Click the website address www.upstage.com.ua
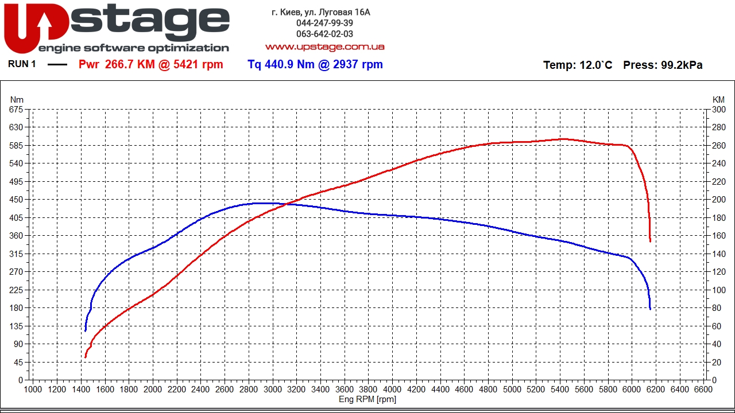point(324,46)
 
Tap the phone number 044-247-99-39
point(324,23)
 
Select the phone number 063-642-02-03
point(324,34)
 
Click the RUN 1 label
point(22,64)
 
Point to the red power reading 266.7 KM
point(130,64)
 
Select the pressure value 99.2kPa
point(682,65)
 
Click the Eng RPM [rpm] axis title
point(367,399)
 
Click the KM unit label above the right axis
point(718,100)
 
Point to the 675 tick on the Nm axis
point(16,109)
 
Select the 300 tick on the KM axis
point(718,109)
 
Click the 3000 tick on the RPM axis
point(273,389)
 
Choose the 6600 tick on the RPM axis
point(703,389)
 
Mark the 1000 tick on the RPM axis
point(33,389)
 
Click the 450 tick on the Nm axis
point(16,200)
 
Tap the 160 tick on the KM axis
point(718,236)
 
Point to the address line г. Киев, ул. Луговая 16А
point(321,12)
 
